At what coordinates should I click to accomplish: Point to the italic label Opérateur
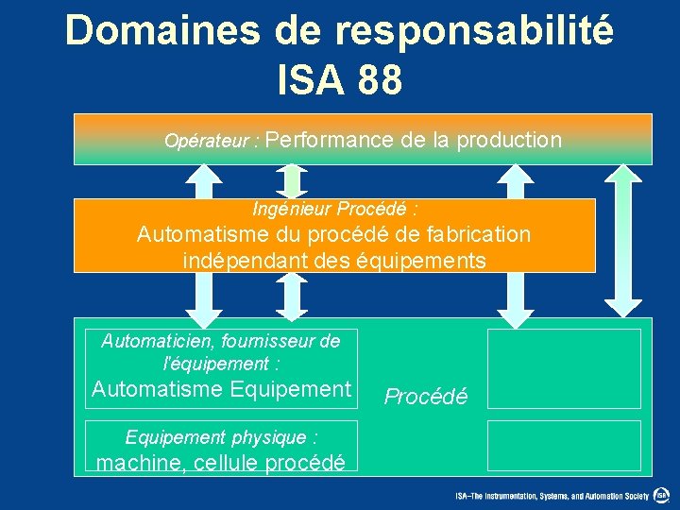point(207,142)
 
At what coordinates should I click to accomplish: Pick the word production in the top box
point(509,140)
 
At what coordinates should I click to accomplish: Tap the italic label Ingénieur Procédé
point(335,208)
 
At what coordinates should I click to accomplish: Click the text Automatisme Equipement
point(221,388)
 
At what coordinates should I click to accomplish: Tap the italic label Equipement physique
point(221,437)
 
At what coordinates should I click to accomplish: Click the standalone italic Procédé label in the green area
point(425,397)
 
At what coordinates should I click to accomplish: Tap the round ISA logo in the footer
point(662,495)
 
